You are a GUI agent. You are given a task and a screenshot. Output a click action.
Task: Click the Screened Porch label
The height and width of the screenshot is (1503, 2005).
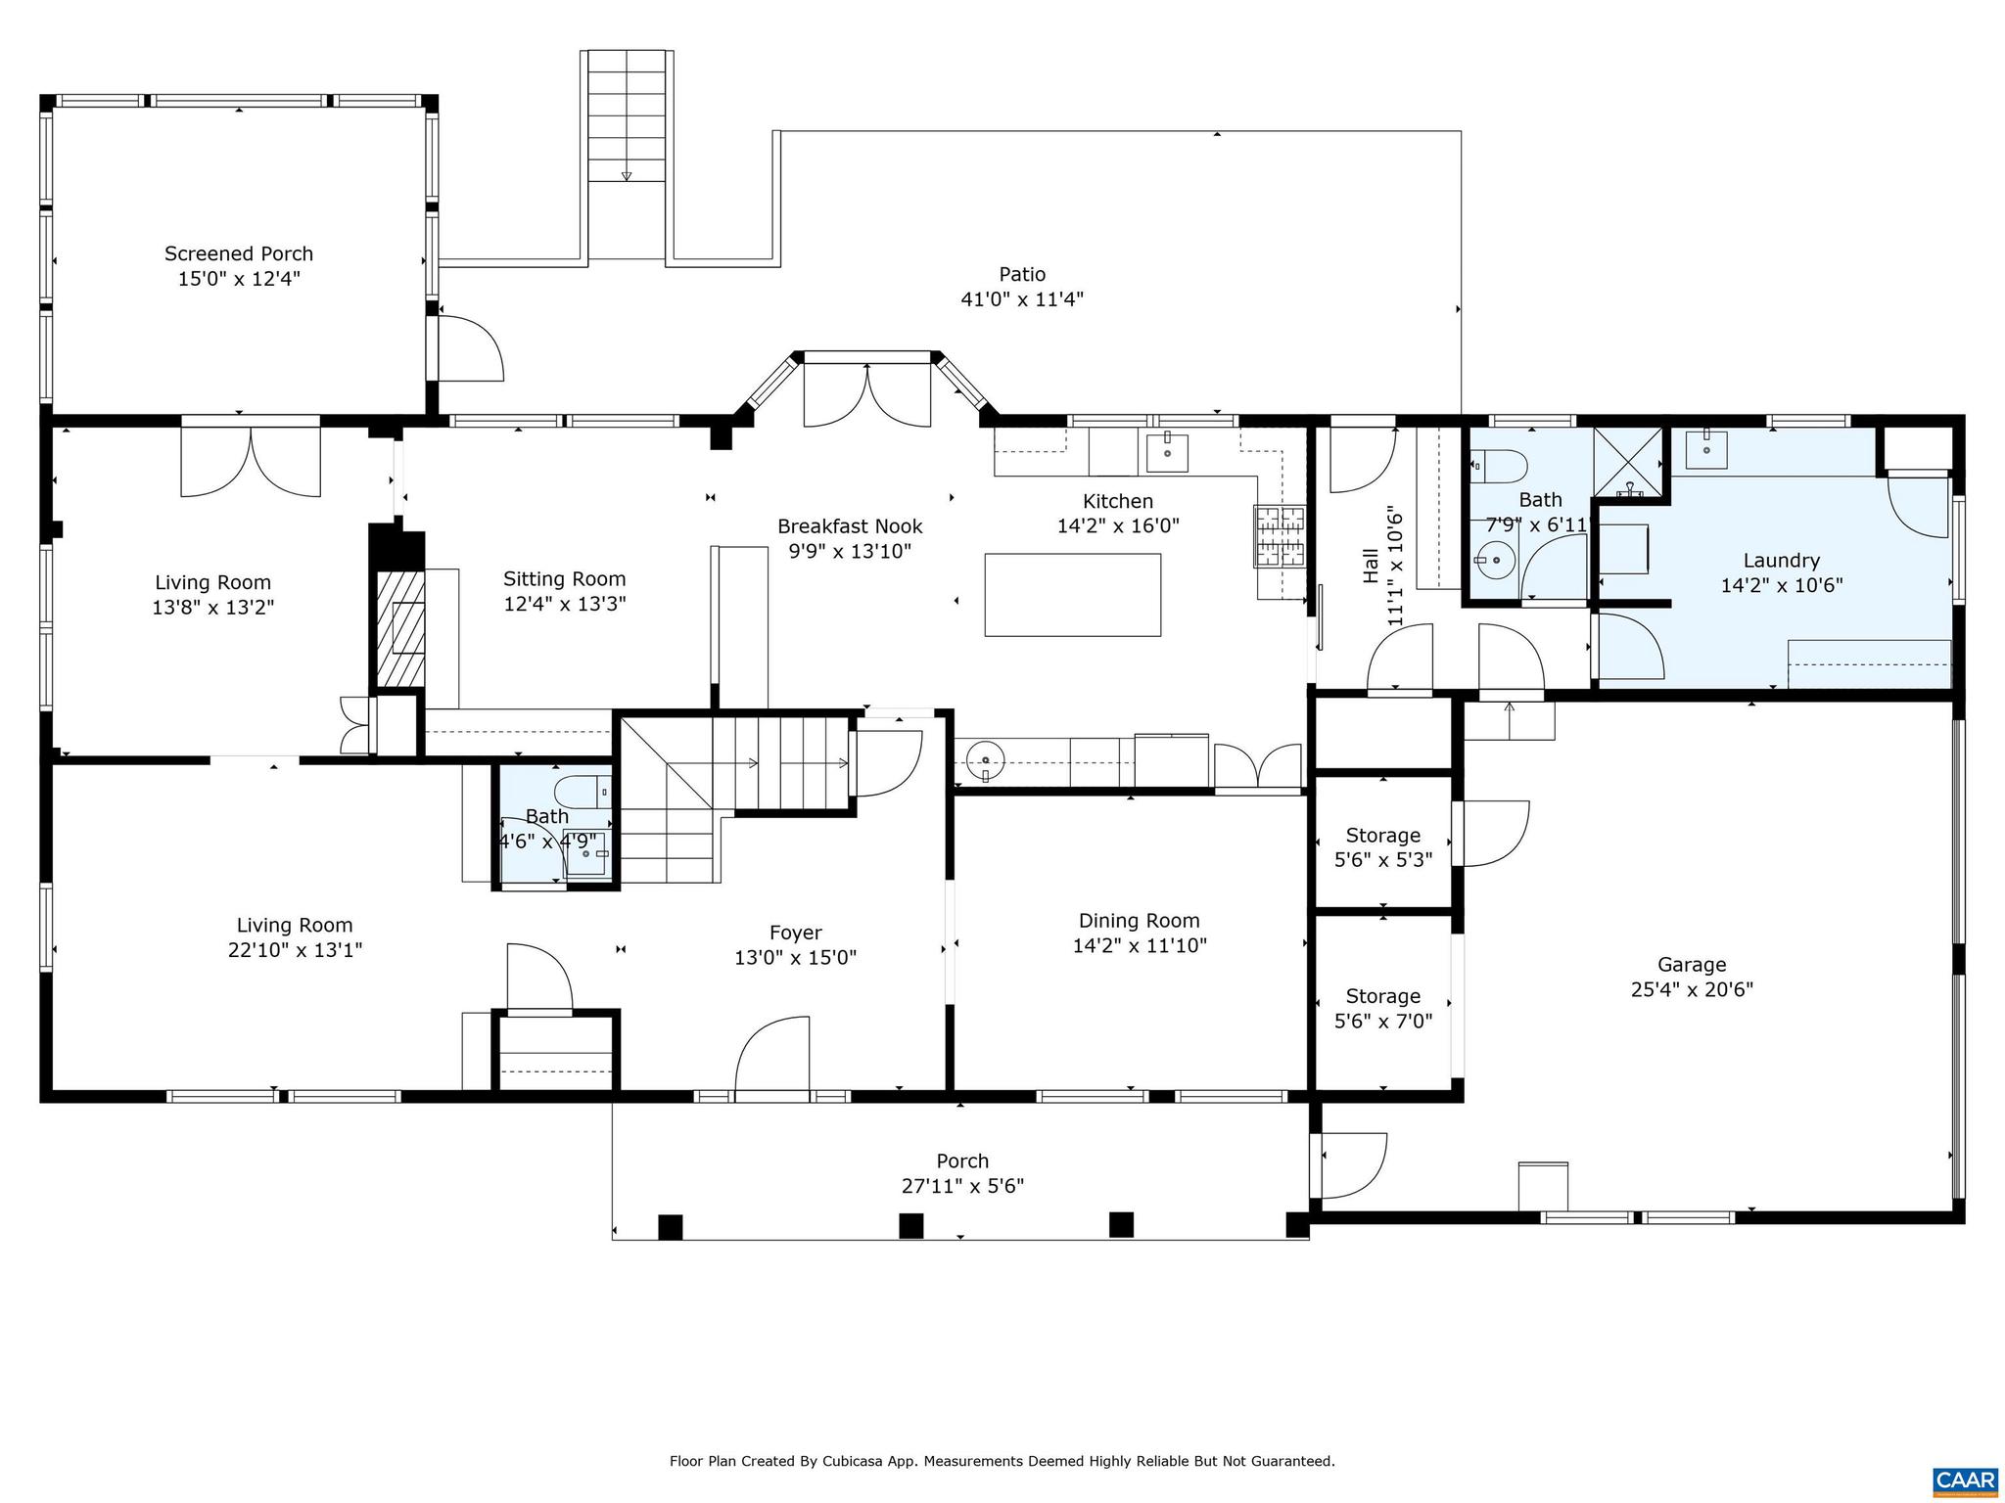(x=238, y=253)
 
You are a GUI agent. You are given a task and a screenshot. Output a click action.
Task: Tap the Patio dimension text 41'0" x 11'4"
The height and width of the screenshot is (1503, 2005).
(x=1021, y=299)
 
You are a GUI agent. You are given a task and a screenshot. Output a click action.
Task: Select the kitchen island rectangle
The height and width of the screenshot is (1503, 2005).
(x=1072, y=595)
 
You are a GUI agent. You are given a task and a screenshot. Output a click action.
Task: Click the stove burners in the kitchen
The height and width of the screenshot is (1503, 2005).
(x=1280, y=535)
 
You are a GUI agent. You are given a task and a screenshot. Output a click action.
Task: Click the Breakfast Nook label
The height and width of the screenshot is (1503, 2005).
(x=849, y=526)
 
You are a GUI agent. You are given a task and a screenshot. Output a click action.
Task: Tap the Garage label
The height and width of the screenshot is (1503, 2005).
(x=1691, y=964)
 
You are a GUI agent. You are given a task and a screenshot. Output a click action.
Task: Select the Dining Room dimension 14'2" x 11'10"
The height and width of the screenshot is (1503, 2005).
(x=1139, y=945)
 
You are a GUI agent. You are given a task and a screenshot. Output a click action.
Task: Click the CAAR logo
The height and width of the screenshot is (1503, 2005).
(x=1965, y=1480)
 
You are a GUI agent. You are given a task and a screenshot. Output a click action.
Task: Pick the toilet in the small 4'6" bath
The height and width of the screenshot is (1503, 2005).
(x=580, y=790)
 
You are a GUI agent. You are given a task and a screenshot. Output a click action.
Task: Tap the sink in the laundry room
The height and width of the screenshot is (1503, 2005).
(x=1706, y=449)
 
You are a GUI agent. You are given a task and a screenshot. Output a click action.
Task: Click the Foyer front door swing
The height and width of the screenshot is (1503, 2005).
(x=773, y=1057)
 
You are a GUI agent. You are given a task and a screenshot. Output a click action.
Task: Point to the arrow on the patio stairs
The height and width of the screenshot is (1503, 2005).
(x=627, y=175)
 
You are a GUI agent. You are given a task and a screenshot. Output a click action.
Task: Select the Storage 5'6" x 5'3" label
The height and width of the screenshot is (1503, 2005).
(x=1382, y=835)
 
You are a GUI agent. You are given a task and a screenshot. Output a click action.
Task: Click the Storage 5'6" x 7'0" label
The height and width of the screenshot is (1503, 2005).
(x=1382, y=995)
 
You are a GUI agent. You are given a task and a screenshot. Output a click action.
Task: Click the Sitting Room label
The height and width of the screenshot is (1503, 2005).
(x=564, y=578)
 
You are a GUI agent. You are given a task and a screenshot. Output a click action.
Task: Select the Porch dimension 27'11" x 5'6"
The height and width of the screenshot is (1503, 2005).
(x=961, y=1186)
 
